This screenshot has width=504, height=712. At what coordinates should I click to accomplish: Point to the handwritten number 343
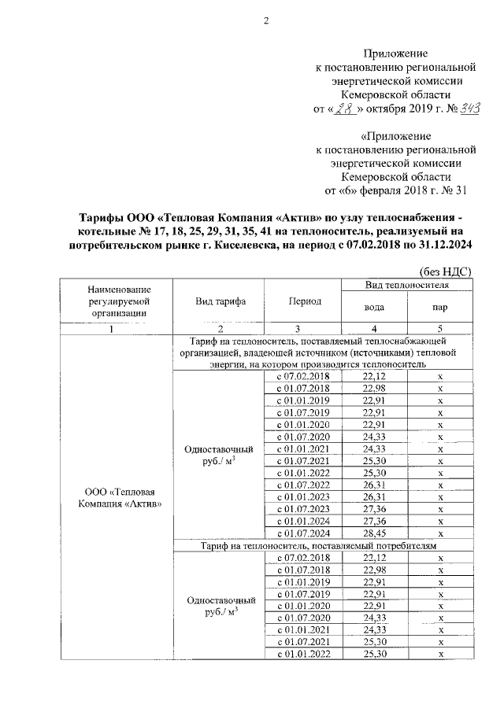coord(447,109)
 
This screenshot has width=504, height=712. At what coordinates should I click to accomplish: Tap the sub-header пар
coord(440,308)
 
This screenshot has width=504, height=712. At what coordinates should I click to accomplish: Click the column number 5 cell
coord(440,329)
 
